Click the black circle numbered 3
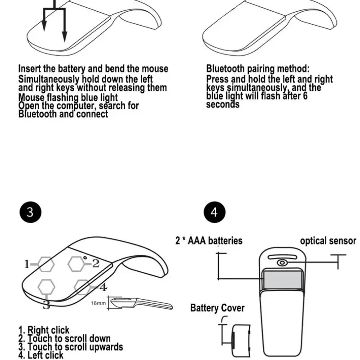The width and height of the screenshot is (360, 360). pos(30,212)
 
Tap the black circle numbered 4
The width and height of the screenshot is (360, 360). pos(214,212)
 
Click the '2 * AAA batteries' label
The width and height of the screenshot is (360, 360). pos(209,241)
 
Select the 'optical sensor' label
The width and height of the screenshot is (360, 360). pos(328,241)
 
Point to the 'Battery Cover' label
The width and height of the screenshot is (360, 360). pos(217,308)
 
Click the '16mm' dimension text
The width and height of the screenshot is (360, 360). pos(98,303)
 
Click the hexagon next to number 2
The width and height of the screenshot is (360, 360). pos(76,263)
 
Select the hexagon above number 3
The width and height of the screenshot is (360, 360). pos(46,286)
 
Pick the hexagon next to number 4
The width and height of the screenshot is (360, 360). pos(82,286)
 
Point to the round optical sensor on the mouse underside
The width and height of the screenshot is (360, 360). pos(282,263)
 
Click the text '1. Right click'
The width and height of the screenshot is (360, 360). pos(44,331)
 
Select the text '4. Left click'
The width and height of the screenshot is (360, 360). pos(41,355)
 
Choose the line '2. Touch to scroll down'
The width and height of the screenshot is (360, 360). pos(64,339)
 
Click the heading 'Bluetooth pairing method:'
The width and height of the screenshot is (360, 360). pos(258,69)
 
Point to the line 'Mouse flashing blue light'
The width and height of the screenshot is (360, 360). pos(68,97)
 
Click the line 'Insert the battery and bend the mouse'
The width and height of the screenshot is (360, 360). pos(93,69)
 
